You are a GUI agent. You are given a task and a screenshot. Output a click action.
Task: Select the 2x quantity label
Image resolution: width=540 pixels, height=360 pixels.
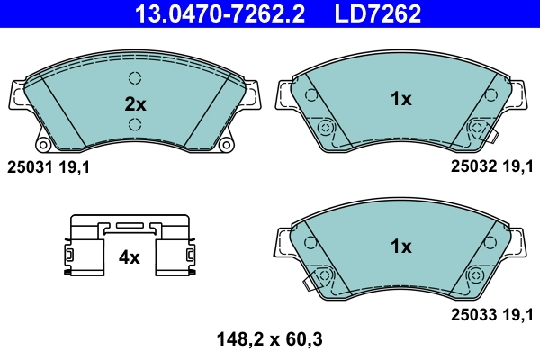(x=135, y=103)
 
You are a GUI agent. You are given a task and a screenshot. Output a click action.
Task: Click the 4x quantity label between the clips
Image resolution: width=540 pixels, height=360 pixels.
(x=130, y=257)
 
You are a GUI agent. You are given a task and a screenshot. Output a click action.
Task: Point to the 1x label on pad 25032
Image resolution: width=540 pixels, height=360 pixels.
(x=400, y=100)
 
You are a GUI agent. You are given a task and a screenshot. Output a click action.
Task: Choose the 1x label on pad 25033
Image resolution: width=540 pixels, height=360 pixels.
(x=400, y=246)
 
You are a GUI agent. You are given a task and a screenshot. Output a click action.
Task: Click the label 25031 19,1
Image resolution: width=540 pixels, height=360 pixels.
(x=49, y=166)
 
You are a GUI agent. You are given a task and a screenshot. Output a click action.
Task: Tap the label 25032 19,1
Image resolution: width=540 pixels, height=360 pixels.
(x=491, y=166)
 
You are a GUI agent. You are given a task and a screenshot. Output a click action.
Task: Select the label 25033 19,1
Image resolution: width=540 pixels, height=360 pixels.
(x=491, y=313)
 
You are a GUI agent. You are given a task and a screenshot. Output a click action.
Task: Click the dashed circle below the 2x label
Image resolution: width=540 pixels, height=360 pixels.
(x=135, y=124)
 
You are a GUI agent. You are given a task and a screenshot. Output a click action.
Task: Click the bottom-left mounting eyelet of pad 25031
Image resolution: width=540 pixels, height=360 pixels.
(x=42, y=144)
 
